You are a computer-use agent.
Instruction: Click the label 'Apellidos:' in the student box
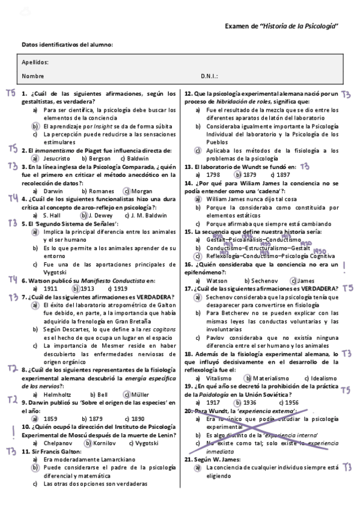[35, 63]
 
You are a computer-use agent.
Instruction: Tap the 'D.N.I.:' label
[209, 76]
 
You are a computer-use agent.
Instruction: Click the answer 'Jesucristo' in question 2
[56, 158]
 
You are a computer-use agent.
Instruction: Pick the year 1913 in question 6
[88, 288]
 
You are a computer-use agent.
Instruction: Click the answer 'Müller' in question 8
[141, 378]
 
